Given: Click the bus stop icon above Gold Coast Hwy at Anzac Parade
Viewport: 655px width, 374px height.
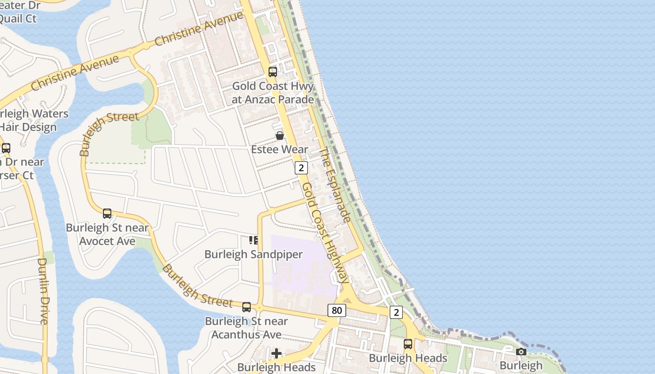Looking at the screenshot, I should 272,72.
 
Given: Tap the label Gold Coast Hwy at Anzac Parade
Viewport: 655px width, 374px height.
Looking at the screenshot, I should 273,93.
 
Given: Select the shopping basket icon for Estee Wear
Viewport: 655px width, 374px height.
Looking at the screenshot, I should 279,136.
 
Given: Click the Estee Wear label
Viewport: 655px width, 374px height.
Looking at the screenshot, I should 279,150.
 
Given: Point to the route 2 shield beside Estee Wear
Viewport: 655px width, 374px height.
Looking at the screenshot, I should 301,168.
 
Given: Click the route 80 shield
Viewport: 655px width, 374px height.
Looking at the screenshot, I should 336,310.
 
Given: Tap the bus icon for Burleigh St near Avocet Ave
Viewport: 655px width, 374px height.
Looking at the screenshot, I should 107,214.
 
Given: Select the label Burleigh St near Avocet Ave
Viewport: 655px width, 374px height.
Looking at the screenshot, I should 107,234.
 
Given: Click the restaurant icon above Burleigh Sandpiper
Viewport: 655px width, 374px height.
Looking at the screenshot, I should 254,240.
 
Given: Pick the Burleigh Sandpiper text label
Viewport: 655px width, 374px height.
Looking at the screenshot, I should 254,254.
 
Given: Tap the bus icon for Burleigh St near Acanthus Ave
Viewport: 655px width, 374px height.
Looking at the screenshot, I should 247,307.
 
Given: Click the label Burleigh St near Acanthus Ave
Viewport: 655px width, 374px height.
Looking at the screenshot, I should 247,328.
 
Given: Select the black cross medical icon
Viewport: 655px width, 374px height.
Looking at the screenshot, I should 277,353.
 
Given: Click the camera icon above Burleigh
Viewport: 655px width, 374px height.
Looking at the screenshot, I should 521,352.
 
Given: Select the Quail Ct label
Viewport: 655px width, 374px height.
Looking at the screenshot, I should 18,19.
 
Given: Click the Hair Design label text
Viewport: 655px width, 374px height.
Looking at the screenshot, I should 28,127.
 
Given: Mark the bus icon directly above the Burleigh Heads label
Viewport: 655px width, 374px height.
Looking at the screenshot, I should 408,344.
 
